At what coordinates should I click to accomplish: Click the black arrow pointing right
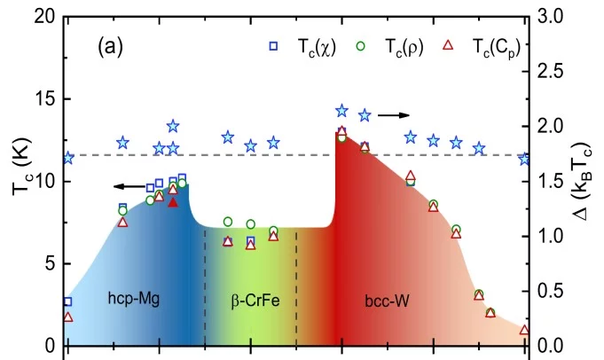pos(396,115)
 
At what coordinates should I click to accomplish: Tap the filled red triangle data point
pos(174,202)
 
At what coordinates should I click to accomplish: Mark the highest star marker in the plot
pos(341,111)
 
